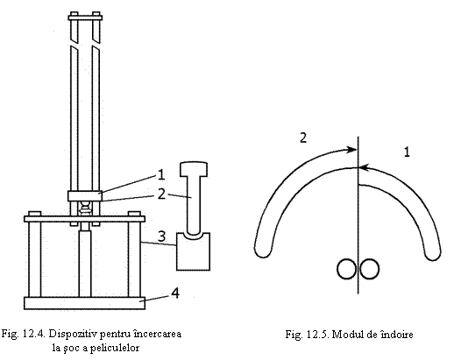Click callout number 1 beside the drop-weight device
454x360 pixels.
(160, 175)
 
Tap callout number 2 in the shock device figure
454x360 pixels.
(161, 194)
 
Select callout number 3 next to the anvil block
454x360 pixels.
(161, 236)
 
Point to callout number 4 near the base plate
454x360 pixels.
(175, 293)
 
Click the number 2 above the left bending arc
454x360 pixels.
(303, 138)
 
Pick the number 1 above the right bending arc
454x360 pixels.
(407, 152)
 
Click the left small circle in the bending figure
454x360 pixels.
(347, 269)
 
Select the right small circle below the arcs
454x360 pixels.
(369, 269)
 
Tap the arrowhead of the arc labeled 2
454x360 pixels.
(352, 150)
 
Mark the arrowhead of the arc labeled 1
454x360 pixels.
(364, 167)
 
